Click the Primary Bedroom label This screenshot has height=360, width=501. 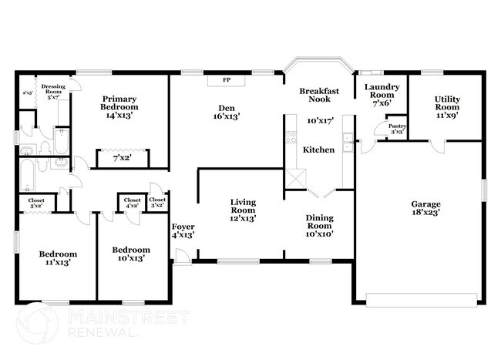119,107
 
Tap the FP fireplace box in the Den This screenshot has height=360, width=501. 227,79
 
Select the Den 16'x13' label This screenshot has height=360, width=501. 227,112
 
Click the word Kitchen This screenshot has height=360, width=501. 318,149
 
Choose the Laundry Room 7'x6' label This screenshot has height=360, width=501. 381,95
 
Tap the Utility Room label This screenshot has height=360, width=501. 447,106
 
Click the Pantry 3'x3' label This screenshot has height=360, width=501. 397,130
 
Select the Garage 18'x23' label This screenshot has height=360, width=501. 425,209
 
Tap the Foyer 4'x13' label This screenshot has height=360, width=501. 183,230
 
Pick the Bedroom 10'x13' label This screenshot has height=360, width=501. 128,254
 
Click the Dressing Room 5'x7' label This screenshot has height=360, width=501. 53,92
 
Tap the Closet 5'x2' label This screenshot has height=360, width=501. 37,204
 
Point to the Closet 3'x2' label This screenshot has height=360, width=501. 157,203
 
